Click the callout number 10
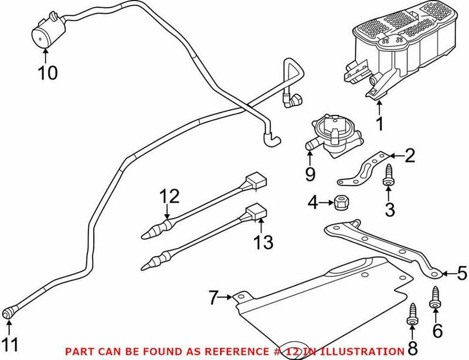49,73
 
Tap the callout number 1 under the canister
379,124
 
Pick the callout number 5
462,272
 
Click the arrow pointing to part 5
448,273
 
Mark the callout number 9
310,175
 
